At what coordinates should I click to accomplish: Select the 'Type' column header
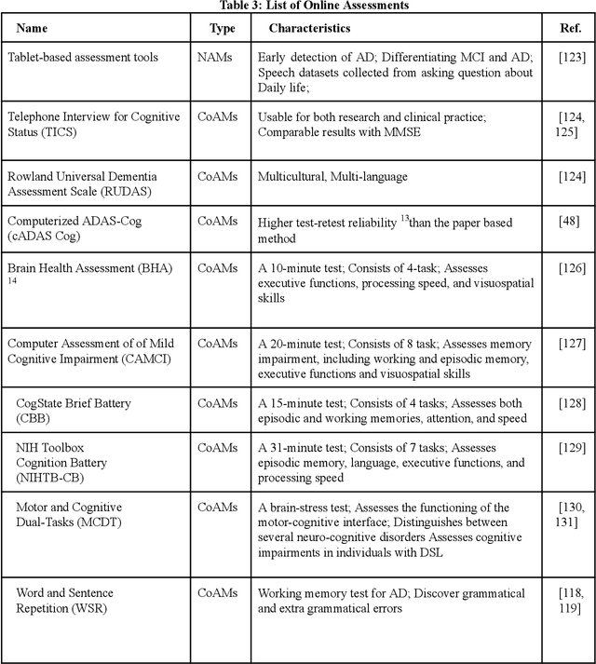pos(222,29)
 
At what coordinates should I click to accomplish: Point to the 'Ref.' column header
pos(571,29)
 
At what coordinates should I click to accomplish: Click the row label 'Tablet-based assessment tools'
pos(83,58)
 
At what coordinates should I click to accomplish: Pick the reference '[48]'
pos(572,222)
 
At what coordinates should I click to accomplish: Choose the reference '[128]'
pos(572,403)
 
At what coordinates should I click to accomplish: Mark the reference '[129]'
pos(572,449)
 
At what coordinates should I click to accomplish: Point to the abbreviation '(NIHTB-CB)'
pos(55,478)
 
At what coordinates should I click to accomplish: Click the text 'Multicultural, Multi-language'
pos(332,176)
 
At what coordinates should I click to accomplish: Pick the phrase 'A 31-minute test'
pos(303,448)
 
